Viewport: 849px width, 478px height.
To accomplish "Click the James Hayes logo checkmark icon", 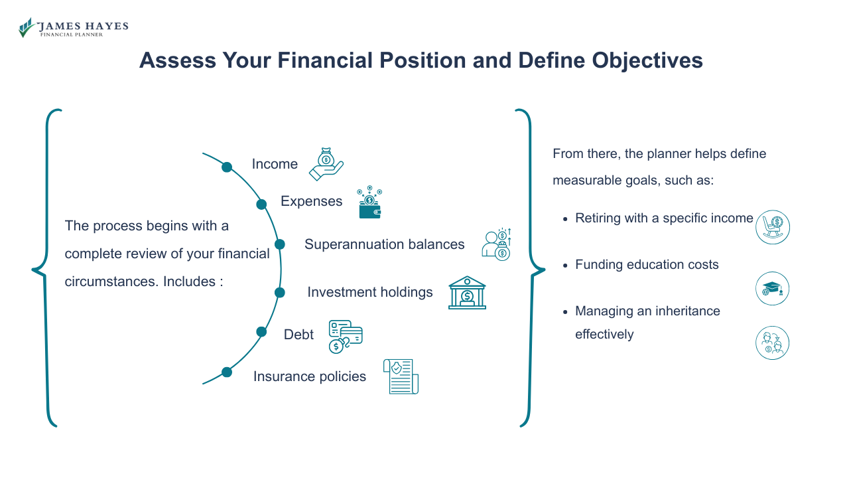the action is click(x=27, y=27).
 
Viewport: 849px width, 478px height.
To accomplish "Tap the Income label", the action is click(x=275, y=164).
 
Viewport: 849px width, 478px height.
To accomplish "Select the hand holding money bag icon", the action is click(x=326, y=164).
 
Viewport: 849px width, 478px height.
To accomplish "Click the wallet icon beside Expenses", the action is click(x=369, y=203).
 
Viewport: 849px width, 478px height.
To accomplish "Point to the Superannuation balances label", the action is click(x=385, y=244).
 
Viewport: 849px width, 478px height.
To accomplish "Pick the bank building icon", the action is click(x=467, y=293).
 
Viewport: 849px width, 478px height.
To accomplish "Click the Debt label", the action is click(x=298, y=335).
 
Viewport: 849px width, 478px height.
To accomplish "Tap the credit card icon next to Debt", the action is click(x=346, y=337).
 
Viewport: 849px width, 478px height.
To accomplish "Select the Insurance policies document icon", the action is click(x=401, y=376).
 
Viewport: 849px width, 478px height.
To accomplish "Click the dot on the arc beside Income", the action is click(x=227, y=167).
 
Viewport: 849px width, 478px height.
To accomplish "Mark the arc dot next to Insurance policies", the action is click(x=227, y=372).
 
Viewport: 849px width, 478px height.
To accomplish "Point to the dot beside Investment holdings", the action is click(x=280, y=292).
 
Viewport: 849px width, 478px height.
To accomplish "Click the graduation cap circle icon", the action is click(x=772, y=289).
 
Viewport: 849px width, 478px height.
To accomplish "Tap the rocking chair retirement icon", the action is click(x=773, y=227).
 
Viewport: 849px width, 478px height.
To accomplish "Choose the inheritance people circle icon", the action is click(x=772, y=343).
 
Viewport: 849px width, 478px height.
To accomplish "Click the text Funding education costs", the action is click(x=647, y=264).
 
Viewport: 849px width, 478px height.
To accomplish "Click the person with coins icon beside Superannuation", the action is click(x=496, y=244).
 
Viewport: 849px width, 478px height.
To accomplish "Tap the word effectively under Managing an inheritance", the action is click(x=604, y=334).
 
